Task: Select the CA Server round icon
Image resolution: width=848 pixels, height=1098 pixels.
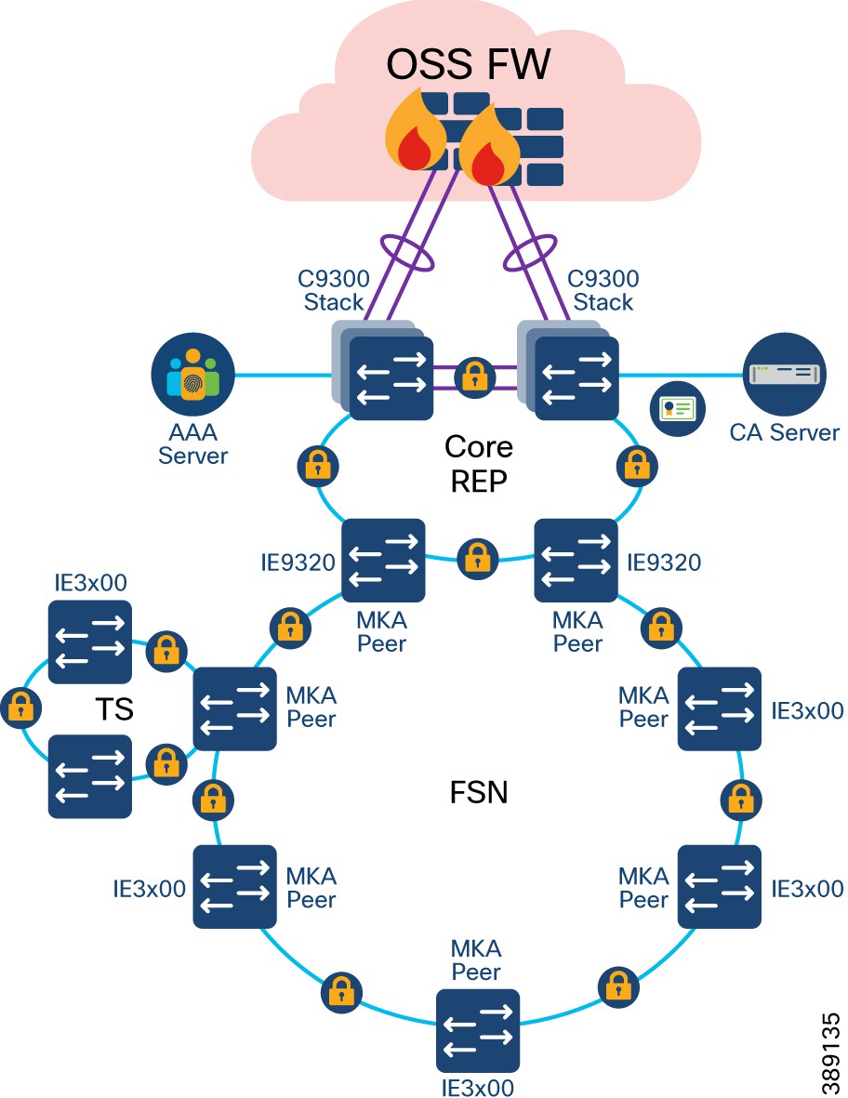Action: point(785,376)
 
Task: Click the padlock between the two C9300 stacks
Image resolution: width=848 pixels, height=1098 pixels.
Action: point(475,377)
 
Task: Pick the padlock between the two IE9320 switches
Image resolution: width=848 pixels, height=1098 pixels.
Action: point(477,559)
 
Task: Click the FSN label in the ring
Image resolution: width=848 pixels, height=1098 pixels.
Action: point(478,796)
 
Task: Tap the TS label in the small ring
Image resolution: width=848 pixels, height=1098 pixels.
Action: point(114,709)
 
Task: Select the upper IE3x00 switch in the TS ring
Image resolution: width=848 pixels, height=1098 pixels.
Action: point(90,641)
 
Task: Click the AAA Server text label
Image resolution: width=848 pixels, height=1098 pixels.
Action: point(192,444)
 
